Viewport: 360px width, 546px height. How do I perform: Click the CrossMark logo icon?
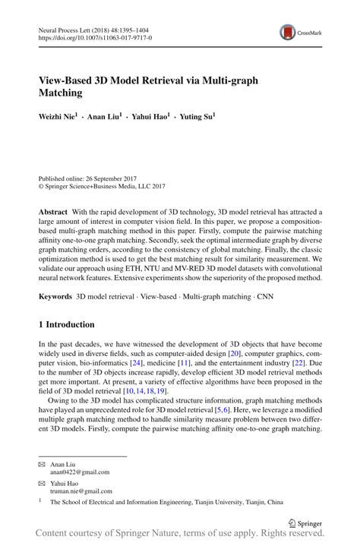[x=288, y=32]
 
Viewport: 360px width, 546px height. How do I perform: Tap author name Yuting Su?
[x=195, y=118]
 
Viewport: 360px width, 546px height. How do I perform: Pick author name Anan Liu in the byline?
[x=103, y=118]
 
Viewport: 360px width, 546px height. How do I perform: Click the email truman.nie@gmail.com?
[x=81, y=491]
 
